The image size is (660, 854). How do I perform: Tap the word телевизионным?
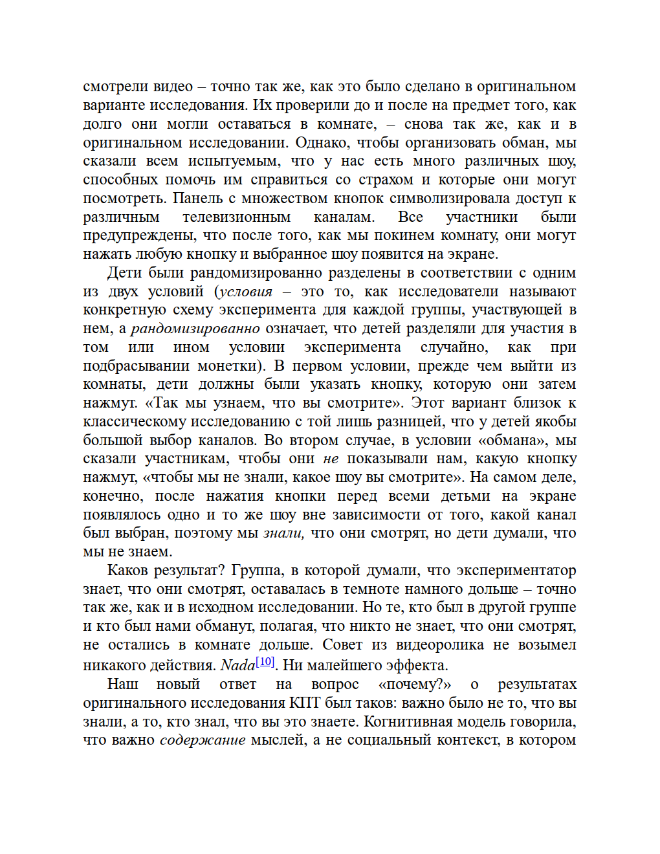coord(236,217)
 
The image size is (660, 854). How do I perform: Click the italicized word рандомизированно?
coord(195,329)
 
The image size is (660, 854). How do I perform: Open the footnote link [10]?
coord(265,662)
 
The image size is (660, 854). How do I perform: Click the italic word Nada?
coord(237,665)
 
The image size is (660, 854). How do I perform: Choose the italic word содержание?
coord(203,740)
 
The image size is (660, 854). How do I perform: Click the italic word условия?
coord(246,291)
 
